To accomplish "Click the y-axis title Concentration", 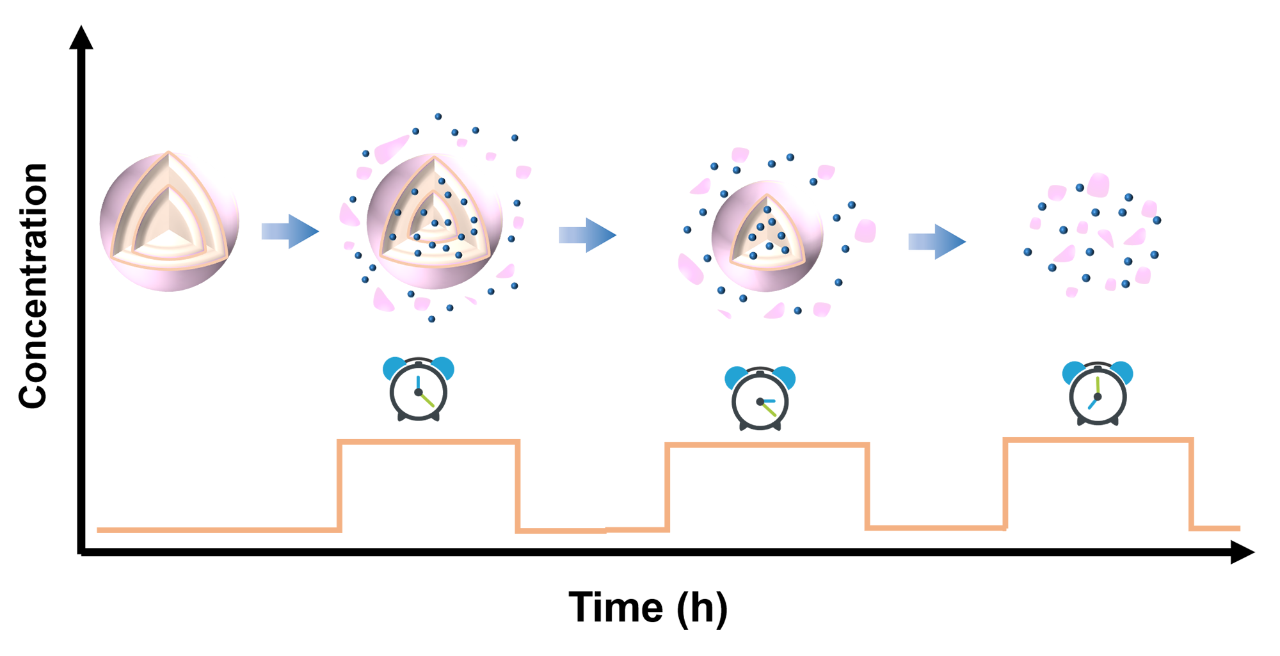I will [33, 285].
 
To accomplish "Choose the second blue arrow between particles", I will [587, 235].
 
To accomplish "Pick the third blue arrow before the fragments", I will [936, 241].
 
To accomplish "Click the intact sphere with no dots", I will [169, 221].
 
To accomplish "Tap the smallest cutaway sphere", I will [767, 236].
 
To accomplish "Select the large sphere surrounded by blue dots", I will [434, 221].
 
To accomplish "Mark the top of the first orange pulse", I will [428, 442].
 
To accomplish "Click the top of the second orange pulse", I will [767, 445].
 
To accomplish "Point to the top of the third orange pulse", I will [1098, 440].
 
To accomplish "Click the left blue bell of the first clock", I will [393, 367].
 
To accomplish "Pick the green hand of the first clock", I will [428, 400].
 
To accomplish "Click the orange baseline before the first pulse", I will [218, 530].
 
